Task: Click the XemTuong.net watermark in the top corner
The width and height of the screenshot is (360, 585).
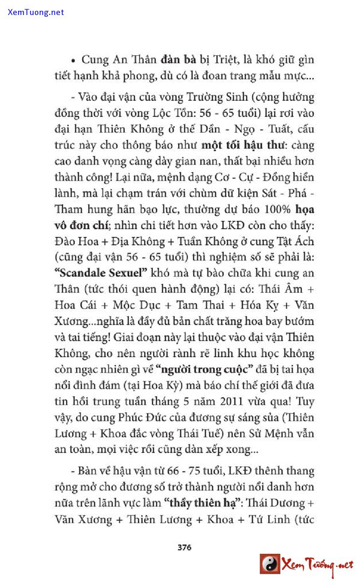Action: click(x=36, y=12)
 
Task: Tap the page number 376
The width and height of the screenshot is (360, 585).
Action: click(x=184, y=547)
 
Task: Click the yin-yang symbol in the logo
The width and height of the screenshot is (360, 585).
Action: click(x=270, y=564)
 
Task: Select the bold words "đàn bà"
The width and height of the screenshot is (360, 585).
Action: click(x=178, y=61)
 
